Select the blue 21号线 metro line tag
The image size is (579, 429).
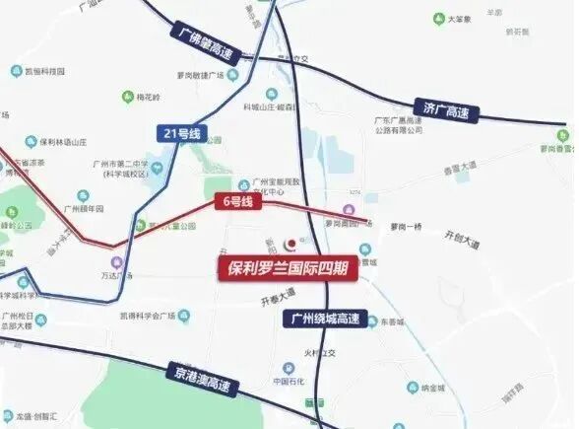[176, 133]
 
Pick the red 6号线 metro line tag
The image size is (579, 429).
[234, 202]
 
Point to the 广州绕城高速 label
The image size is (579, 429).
[324, 319]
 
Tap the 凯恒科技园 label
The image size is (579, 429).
[45, 71]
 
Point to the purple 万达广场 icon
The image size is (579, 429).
[117, 262]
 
